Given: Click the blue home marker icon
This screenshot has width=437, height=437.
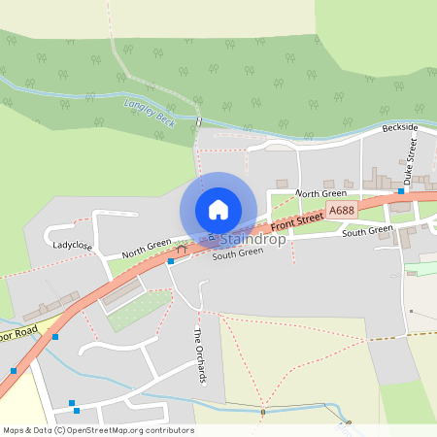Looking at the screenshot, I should (218, 209).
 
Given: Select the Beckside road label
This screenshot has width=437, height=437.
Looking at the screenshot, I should (399, 128).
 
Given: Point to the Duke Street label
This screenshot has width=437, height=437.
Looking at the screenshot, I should (412, 155).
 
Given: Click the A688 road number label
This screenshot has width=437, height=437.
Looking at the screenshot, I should (341, 210).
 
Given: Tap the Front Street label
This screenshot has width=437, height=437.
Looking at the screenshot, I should (295, 222).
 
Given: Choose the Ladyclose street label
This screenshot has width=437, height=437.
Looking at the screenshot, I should (73, 247).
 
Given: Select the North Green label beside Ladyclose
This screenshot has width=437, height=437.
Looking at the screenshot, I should (147, 247).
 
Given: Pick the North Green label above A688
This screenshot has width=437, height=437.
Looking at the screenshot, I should (320, 194).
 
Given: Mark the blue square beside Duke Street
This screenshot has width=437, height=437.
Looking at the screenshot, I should (401, 191).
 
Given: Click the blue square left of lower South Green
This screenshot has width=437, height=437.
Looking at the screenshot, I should (171, 260).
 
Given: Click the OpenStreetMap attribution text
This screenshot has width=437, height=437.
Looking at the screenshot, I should (97, 430).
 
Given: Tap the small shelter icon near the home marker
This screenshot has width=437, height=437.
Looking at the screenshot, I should (181, 250).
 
